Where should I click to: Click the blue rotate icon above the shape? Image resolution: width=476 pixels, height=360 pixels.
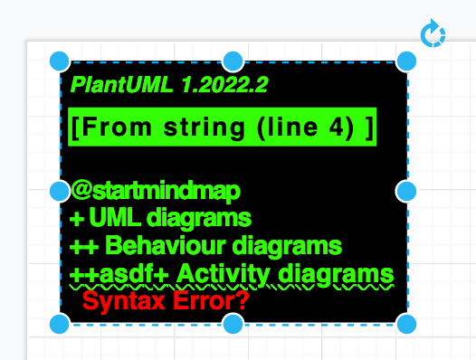point(433,35)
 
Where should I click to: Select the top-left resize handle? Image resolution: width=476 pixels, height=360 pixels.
point(59,62)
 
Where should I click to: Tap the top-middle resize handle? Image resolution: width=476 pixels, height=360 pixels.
point(233,62)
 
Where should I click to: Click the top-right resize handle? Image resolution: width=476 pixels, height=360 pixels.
point(406,62)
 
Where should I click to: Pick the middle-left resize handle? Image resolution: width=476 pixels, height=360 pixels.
point(59,191)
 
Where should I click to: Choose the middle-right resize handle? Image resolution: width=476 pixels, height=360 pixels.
point(406,191)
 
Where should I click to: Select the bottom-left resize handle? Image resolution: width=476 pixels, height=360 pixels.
point(59,324)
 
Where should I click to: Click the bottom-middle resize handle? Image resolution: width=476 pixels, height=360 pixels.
point(233,324)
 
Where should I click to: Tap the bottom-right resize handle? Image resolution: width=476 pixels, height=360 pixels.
point(406,324)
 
